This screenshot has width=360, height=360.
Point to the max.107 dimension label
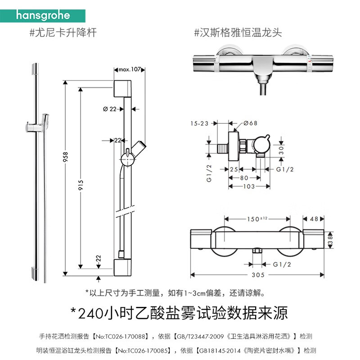pyautogui.click(x=130, y=69)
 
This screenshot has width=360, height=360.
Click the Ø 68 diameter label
pyautogui.click(x=251, y=123)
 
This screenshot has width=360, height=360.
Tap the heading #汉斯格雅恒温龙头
pyautogui.click(x=238, y=33)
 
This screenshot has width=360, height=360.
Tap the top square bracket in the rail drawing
pyautogui.click(x=123, y=89)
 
